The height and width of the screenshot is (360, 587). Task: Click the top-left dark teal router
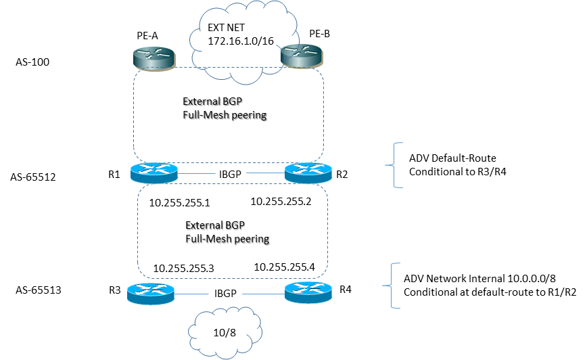(154, 58)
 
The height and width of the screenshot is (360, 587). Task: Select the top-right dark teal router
(302, 56)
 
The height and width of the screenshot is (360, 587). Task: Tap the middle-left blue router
(154, 173)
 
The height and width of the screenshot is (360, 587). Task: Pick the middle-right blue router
(308, 173)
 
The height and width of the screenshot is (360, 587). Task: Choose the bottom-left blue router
(151, 294)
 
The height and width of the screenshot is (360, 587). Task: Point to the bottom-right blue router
(308, 292)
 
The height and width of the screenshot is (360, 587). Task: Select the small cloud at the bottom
(225, 331)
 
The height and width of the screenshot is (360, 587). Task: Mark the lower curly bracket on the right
(393, 286)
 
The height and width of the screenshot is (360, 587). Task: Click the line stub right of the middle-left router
(196, 174)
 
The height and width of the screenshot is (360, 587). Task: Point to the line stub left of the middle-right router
(265, 173)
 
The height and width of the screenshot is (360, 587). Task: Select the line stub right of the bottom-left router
(192, 294)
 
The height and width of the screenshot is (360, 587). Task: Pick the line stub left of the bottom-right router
(263, 294)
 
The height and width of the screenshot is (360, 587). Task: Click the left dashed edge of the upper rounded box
(134, 115)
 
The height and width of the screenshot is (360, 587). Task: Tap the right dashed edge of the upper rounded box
(323, 115)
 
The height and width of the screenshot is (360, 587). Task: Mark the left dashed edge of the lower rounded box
(138, 230)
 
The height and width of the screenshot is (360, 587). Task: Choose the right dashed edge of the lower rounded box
(328, 230)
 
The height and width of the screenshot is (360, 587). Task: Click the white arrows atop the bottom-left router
(151, 290)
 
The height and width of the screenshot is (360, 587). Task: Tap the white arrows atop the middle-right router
(308, 168)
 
